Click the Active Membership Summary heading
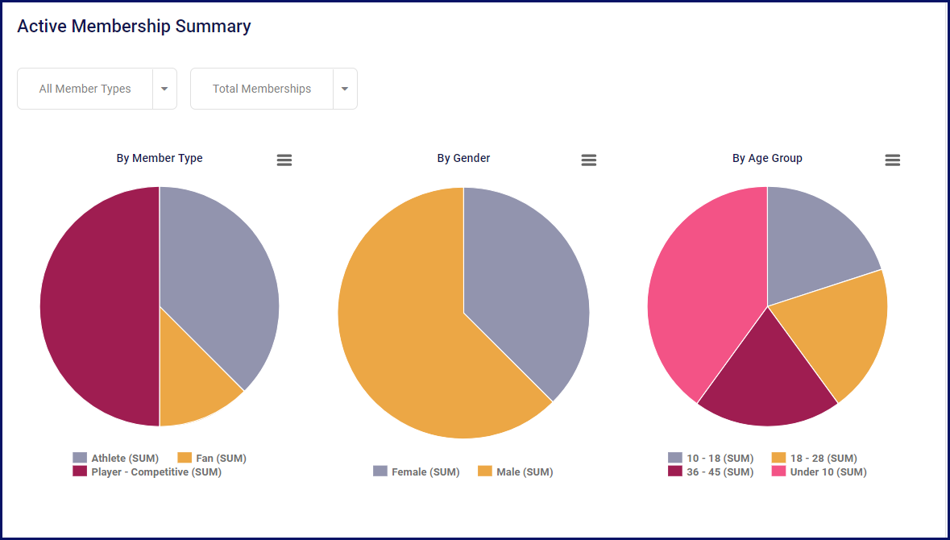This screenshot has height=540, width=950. pos(134,27)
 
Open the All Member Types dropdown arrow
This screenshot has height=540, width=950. pos(164,89)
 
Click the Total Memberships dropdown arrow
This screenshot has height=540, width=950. pos(345,89)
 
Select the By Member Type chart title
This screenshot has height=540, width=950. pos(160,158)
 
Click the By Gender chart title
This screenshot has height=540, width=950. pos(463,158)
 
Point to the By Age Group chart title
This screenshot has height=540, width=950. pos(767,158)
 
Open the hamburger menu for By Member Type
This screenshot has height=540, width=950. pos(284,160)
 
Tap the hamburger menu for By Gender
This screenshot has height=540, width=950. pos(589,160)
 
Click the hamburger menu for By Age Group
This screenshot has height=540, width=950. pos(893,160)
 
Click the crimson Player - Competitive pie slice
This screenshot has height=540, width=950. pos(97,306)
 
